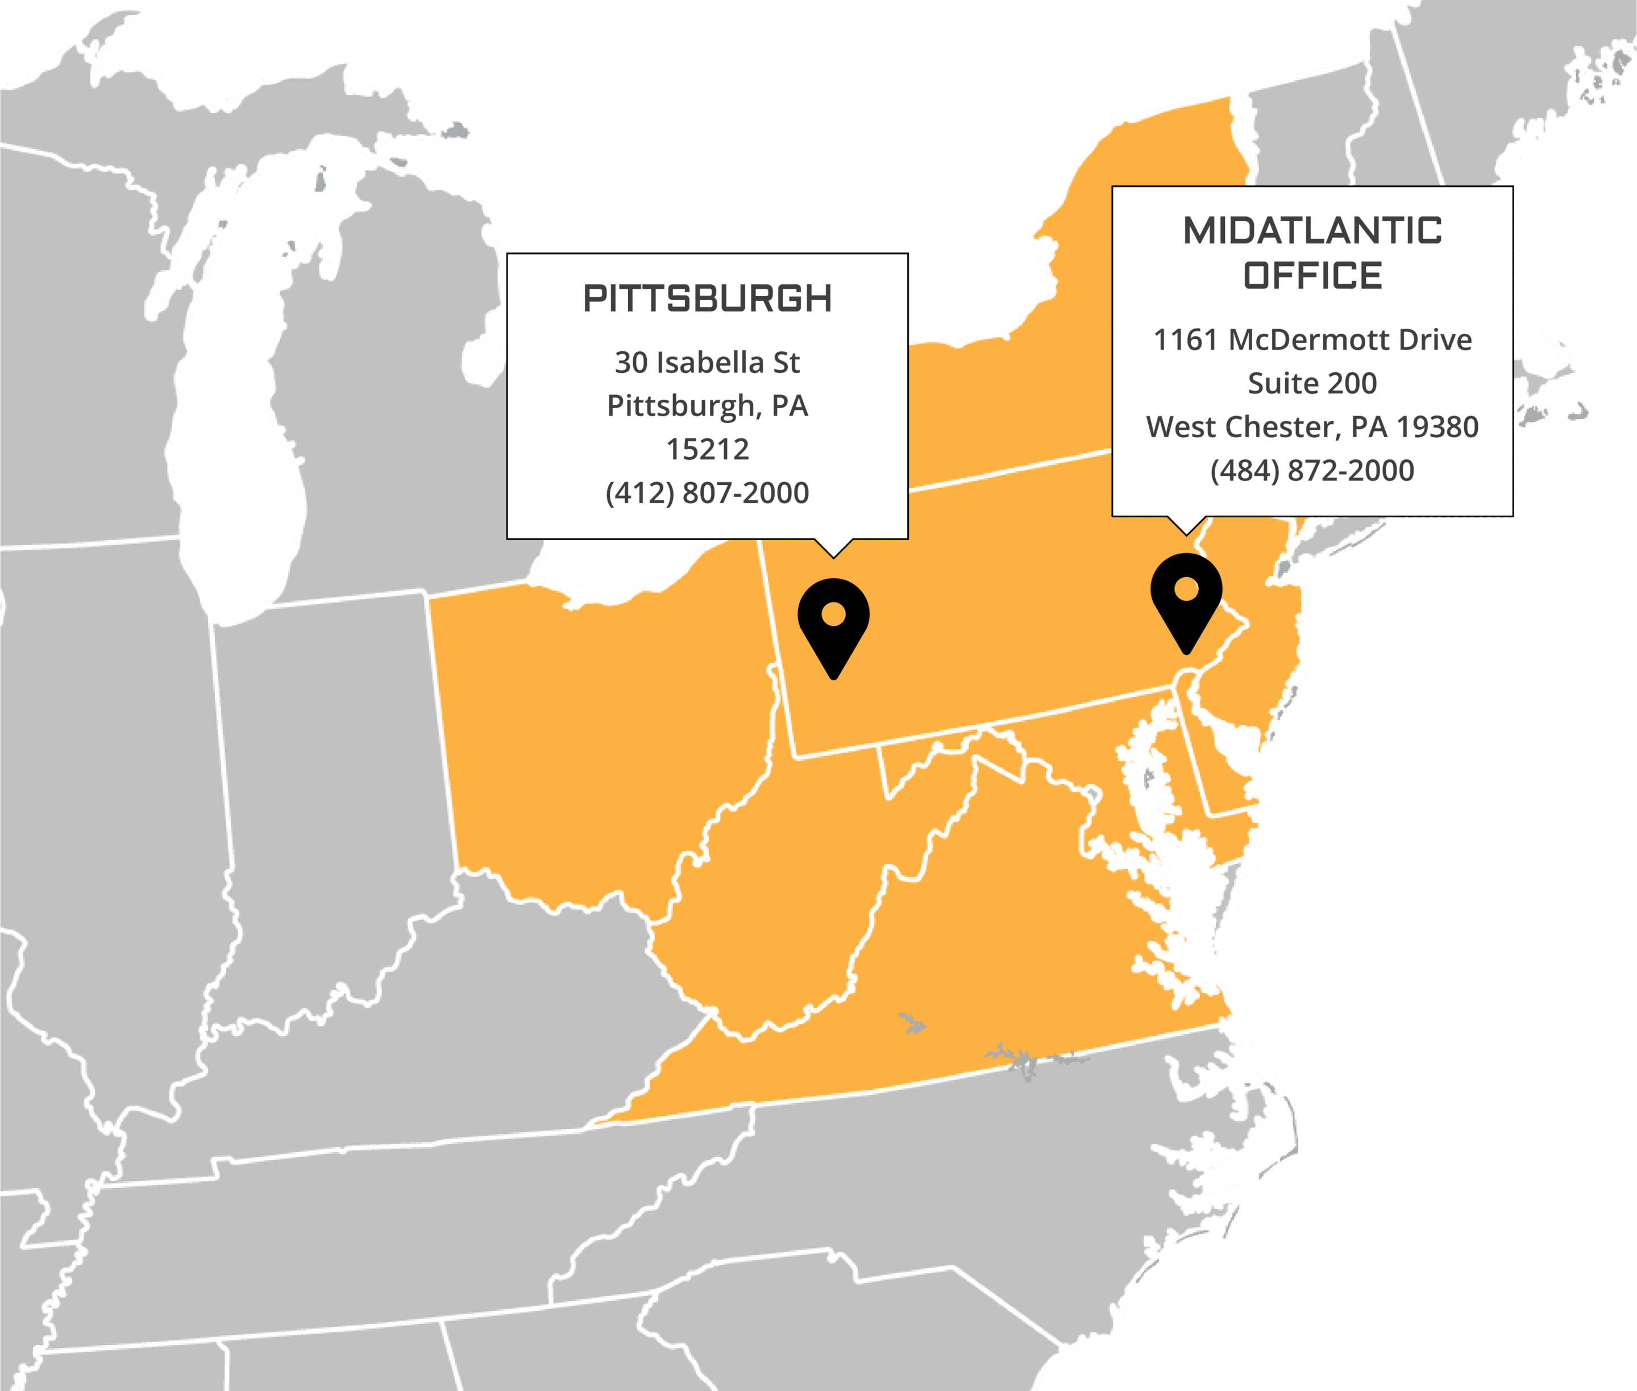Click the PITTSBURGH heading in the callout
coord(707,299)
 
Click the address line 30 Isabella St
coord(707,363)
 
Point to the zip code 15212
coord(707,450)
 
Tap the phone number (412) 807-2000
coord(707,493)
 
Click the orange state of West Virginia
coord(788,907)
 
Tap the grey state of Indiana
coord(331,788)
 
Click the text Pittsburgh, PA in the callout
coord(707,406)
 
